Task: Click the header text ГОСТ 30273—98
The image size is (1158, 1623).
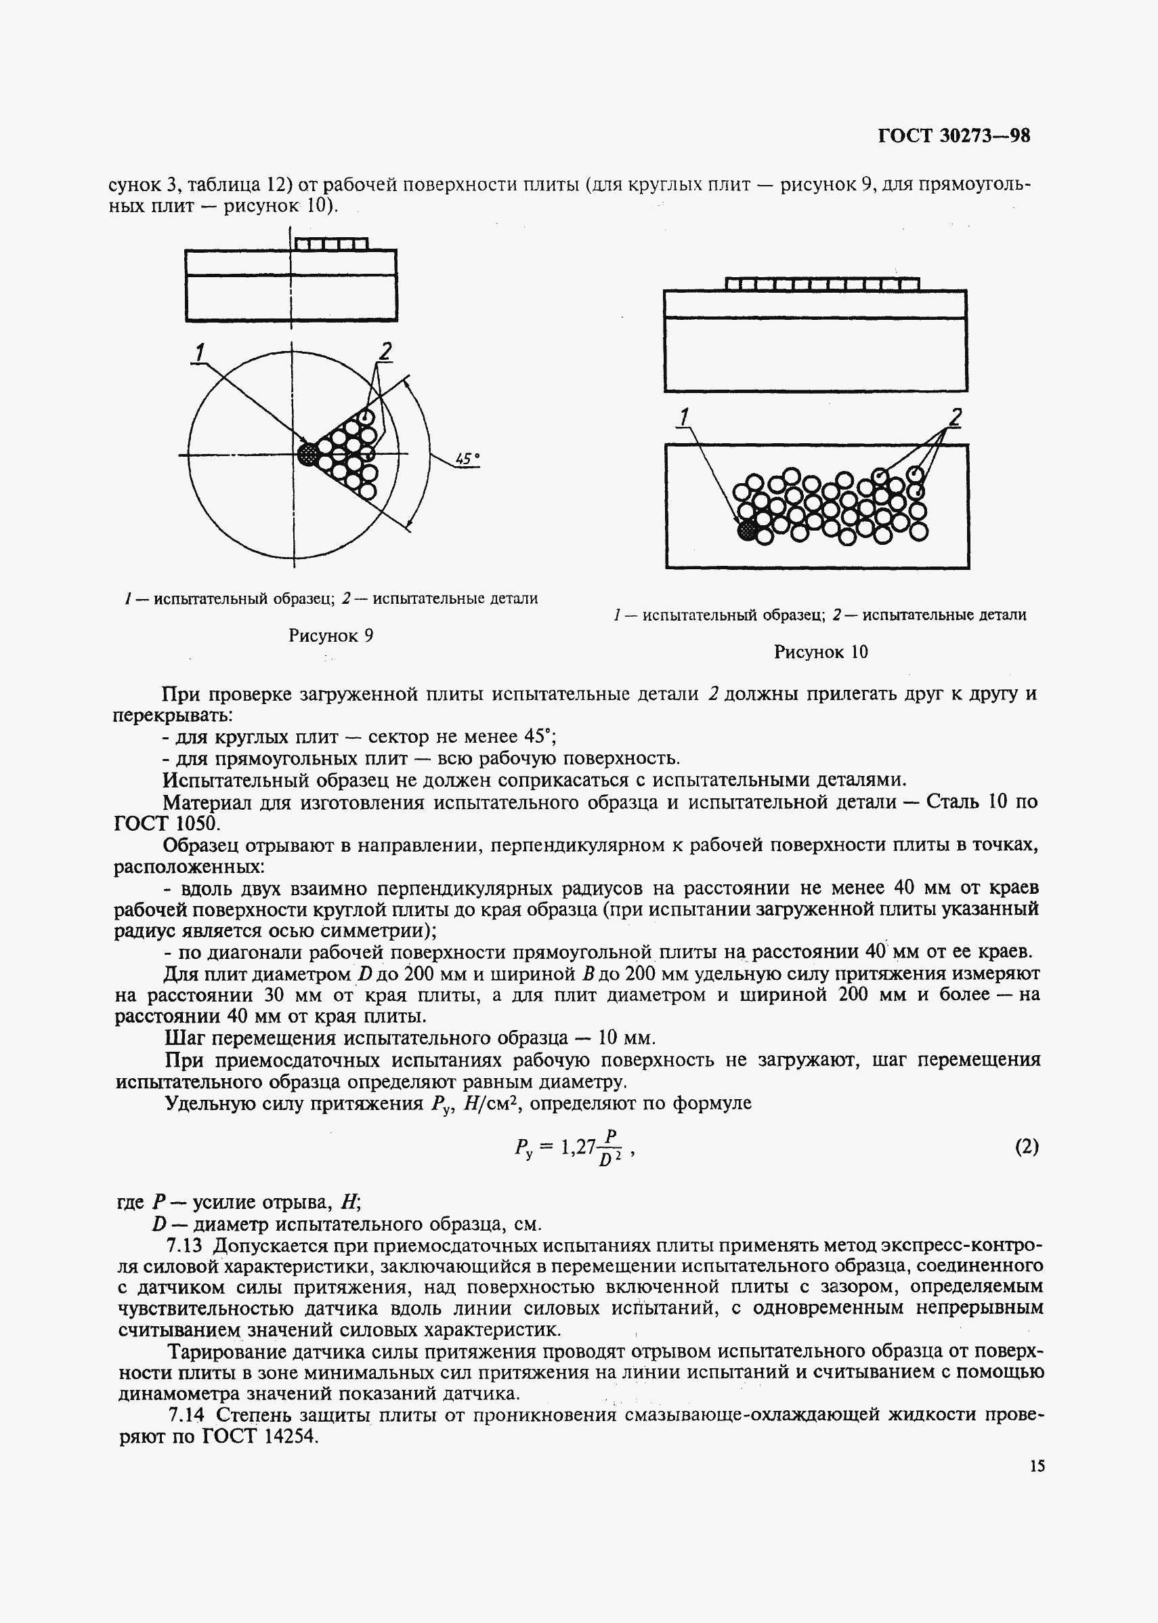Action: click(953, 136)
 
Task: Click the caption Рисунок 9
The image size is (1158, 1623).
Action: click(331, 635)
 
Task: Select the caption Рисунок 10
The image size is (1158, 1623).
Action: click(821, 651)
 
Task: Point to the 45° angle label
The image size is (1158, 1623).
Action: click(467, 459)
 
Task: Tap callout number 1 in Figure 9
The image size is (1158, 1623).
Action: click(200, 352)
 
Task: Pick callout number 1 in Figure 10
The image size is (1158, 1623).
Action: click(685, 417)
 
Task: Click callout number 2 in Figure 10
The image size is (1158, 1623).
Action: click(955, 417)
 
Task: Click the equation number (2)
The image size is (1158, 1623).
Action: click(1026, 1147)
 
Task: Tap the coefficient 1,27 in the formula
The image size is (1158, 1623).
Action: click(578, 1147)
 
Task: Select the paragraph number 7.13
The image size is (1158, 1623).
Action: click(185, 1246)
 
